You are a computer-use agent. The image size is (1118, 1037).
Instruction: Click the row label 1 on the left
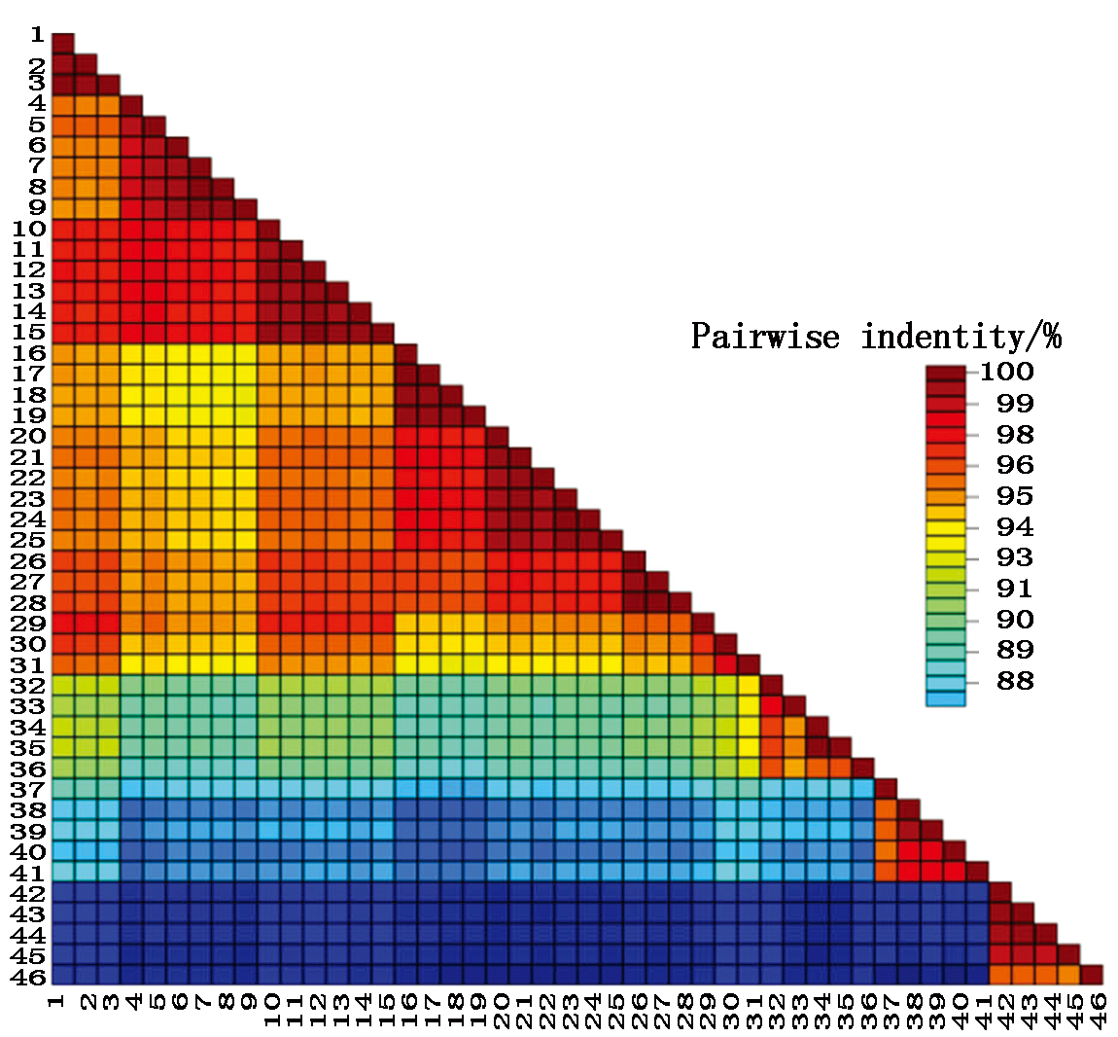37,36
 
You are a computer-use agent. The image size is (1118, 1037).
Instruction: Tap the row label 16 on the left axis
30,352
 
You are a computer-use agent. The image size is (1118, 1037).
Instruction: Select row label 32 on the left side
30,684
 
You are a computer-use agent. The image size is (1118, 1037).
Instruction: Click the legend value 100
1006,371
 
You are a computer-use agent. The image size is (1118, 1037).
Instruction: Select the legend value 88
1014,681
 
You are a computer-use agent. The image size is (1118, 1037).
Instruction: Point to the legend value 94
1014,527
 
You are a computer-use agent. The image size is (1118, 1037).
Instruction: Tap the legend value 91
1014,589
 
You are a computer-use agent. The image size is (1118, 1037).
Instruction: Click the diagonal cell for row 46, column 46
1092,974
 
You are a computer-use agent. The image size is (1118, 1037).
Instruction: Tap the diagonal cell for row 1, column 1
62,43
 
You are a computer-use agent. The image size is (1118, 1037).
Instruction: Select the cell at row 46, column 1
62,974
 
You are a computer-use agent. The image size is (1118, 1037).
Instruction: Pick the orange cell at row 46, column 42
1000,974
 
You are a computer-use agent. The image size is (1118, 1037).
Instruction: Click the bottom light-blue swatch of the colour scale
945,697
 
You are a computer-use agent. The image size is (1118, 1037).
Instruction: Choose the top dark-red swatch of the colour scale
945,373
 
